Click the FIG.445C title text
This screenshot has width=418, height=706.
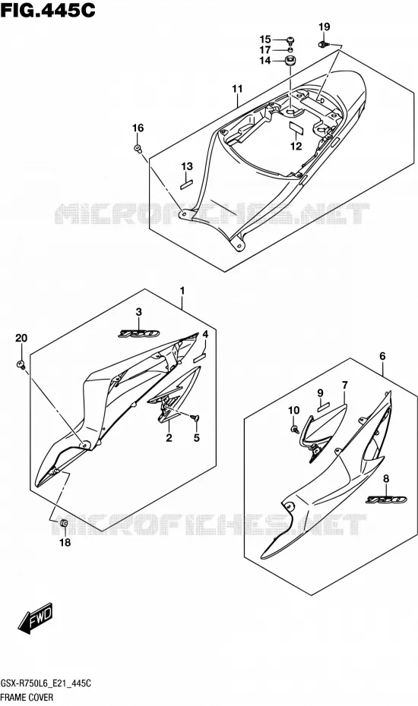point(48,10)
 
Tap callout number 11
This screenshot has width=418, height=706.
point(237,89)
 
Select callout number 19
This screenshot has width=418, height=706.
point(325,27)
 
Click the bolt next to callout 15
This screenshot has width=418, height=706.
point(290,39)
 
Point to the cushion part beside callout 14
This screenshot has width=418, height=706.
point(290,61)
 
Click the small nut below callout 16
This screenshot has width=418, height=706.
point(138,148)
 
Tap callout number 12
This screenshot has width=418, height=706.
point(296,146)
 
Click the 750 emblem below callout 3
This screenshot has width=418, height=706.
point(139,334)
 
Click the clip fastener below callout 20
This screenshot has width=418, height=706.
point(21,364)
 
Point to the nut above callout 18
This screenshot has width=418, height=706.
point(64,523)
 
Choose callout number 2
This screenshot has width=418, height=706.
point(169,438)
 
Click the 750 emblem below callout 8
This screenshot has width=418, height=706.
point(386,500)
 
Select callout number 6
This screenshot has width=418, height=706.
point(382,356)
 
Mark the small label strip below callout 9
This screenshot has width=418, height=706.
point(324,408)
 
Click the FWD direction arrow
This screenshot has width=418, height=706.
point(35,618)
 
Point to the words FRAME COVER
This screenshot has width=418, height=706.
point(27,698)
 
